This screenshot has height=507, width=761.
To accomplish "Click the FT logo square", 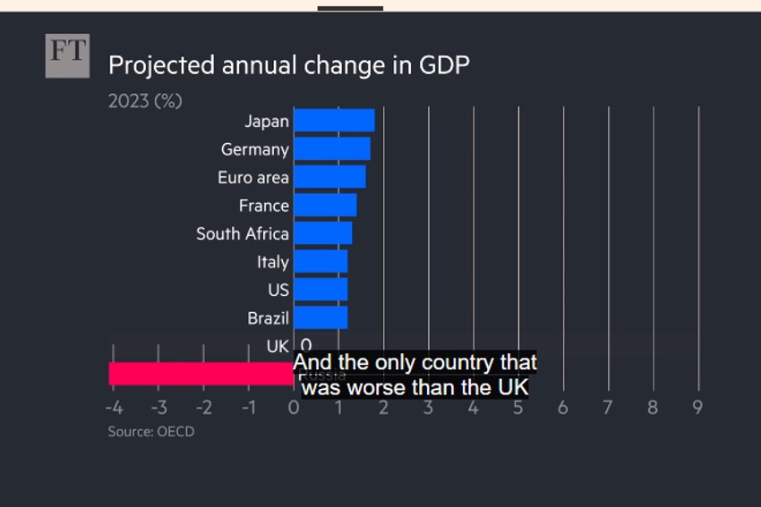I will (67, 55).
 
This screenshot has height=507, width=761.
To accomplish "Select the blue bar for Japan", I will (334, 121).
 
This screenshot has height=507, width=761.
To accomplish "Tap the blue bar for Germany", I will (331, 149).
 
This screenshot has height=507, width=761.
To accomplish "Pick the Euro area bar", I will (329, 177).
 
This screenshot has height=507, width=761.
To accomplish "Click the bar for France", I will (325, 206).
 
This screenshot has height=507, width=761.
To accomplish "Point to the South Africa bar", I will (322, 233).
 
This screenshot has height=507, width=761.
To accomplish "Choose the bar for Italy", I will (321, 262).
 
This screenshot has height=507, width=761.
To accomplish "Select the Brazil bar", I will (321, 317).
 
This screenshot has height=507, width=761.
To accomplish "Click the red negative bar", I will (201, 374).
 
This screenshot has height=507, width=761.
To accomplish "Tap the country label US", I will (278, 290).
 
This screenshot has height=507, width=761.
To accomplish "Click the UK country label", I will (278, 345).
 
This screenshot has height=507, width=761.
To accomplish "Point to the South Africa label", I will (243, 233).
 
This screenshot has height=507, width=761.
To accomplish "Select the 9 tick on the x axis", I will (697, 407).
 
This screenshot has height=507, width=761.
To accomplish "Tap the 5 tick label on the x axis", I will (518, 407).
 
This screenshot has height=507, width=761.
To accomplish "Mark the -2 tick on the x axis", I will (203, 407).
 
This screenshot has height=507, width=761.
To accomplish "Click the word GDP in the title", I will (444, 65).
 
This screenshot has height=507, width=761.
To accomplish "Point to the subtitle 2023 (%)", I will (145, 101).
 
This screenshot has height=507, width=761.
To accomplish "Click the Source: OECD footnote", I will (151, 431).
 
